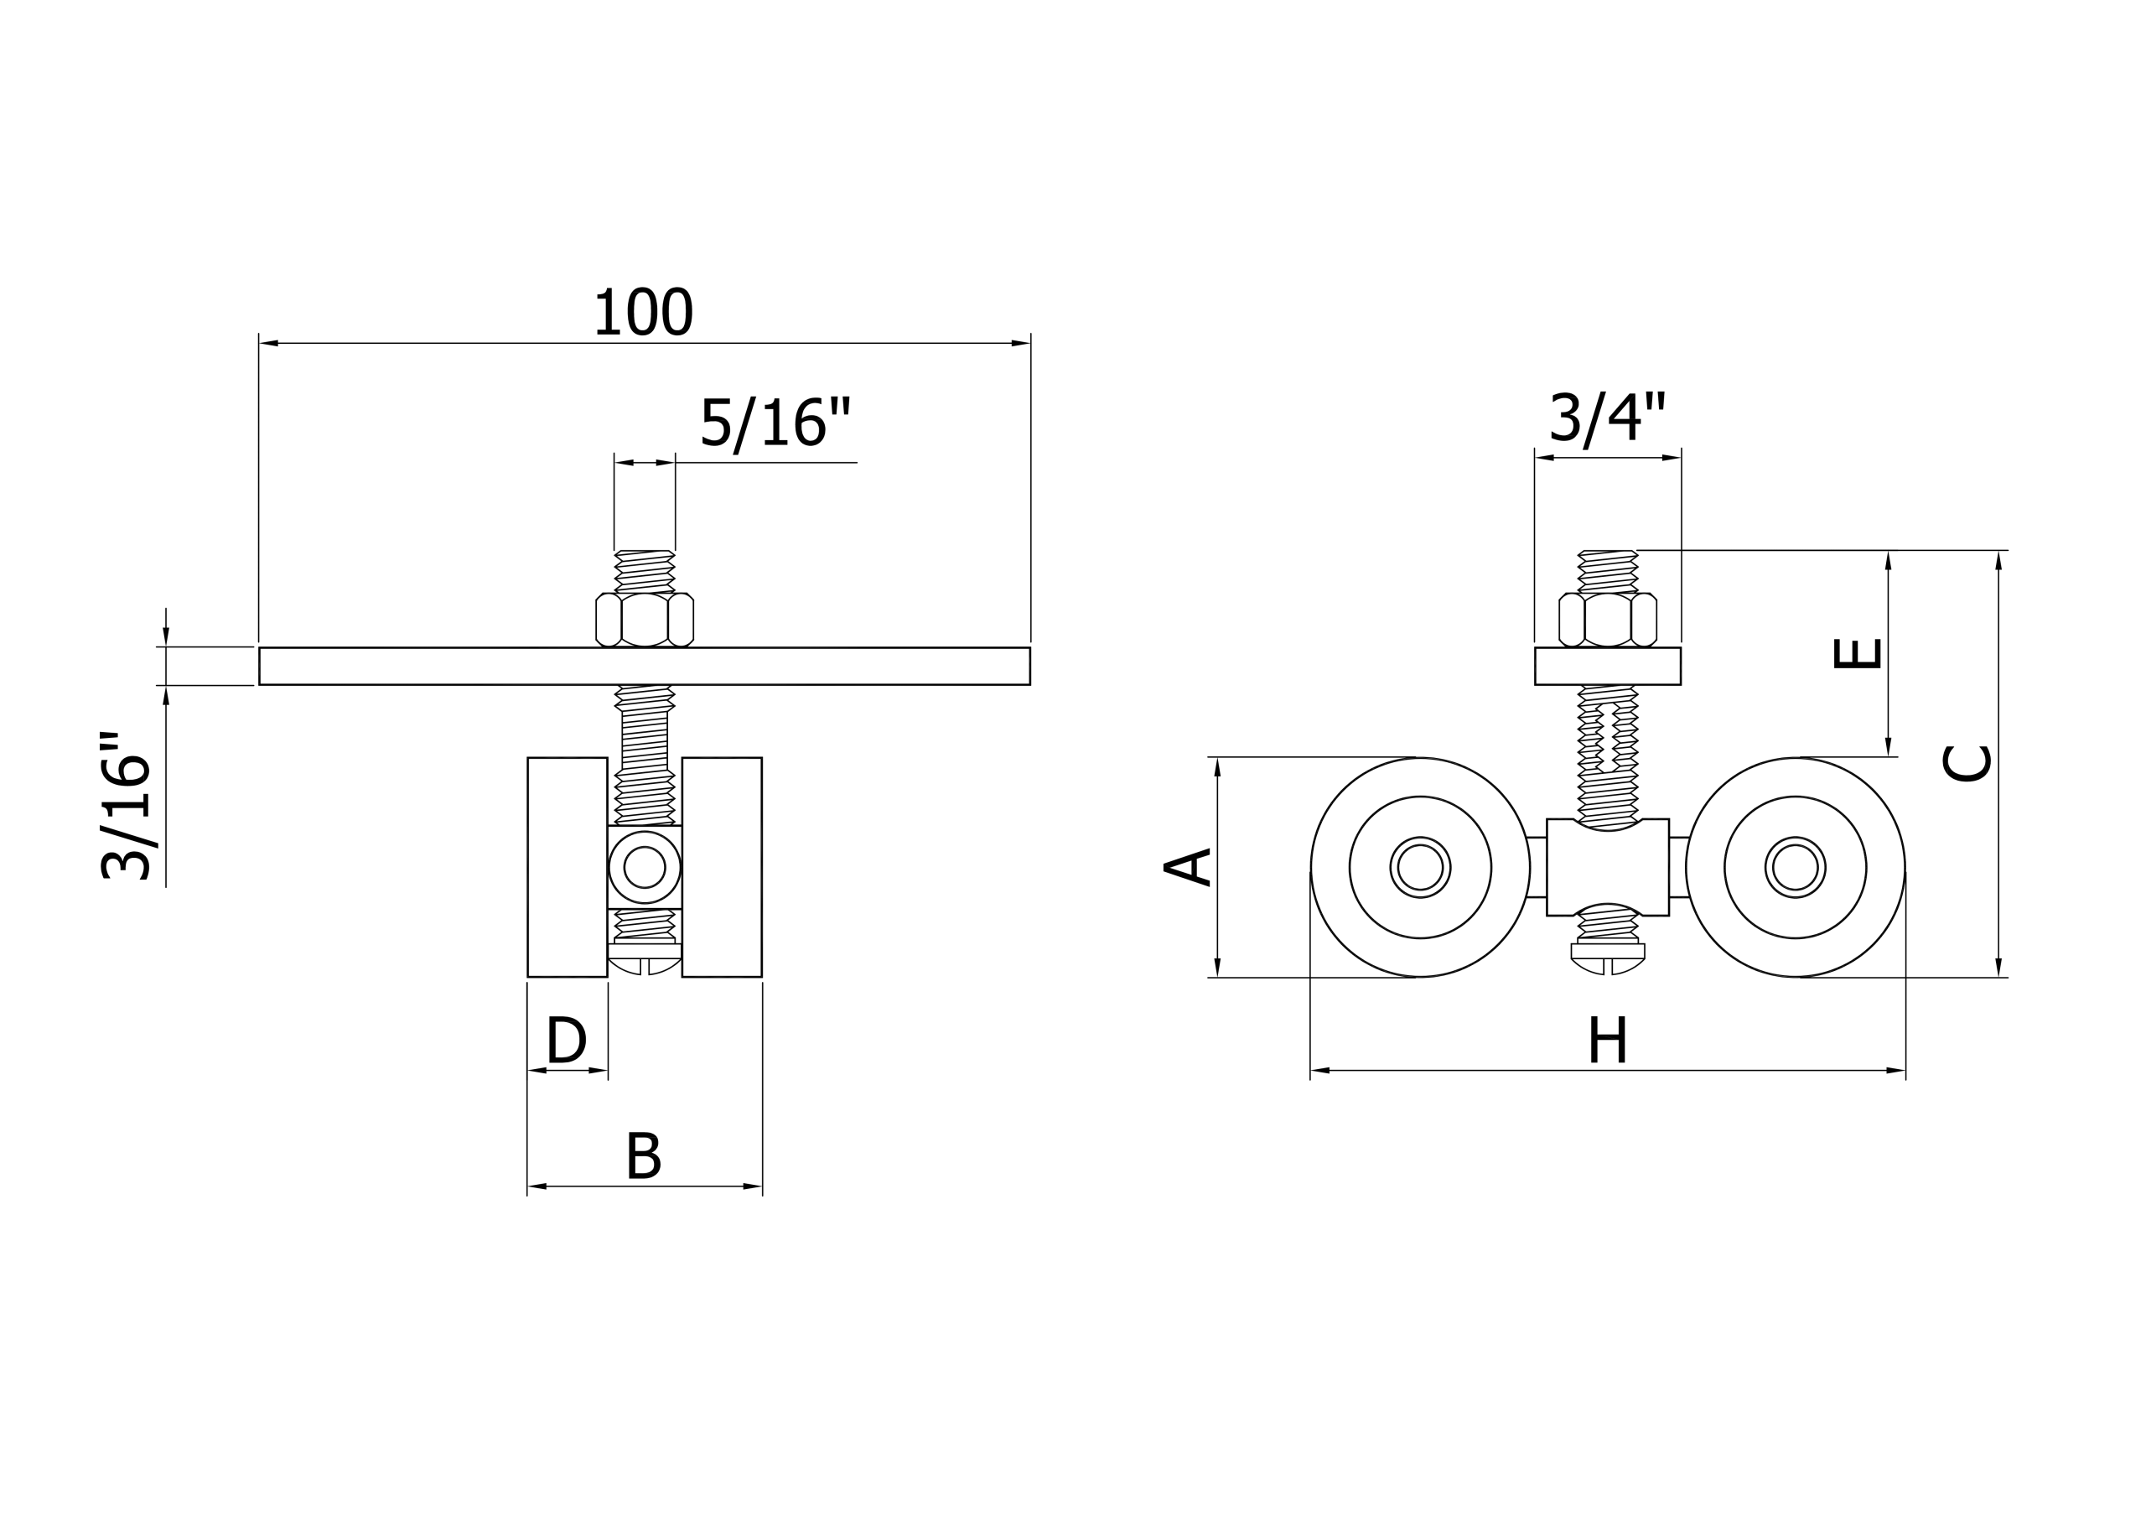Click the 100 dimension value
(x=643, y=312)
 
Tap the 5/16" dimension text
(x=775, y=423)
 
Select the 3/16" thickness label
(x=127, y=807)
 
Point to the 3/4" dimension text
(x=1608, y=418)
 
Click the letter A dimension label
(x=1188, y=866)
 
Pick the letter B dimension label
(x=643, y=1156)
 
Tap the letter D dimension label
(x=567, y=1041)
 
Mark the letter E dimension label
(x=1857, y=654)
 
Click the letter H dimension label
(x=1608, y=1041)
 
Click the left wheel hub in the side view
(x=1420, y=867)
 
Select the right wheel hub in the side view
(x=1795, y=867)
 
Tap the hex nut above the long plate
(x=644, y=620)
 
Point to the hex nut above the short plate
(x=1608, y=620)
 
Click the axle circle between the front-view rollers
(x=644, y=867)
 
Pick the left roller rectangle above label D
(x=568, y=867)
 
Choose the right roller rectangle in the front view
(x=722, y=867)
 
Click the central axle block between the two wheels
(x=1608, y=867)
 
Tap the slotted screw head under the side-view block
(x=1608, y=959)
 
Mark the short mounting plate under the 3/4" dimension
(x=1608, y=667)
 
